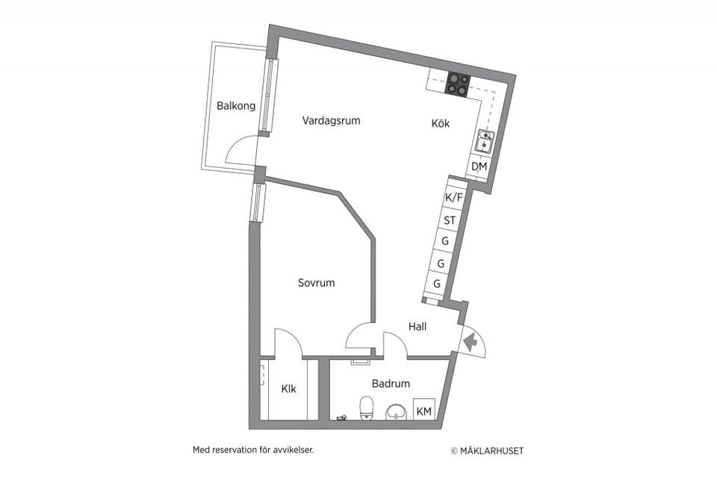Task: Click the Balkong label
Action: point(236,106)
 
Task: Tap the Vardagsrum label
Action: point(332,120)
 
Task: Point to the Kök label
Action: point(441,124)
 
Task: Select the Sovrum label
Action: point(316,283)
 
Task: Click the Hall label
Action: point(418,326)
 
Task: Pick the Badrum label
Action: point(391,384)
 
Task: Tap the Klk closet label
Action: point(288,389)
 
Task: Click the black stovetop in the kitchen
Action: point(458,84)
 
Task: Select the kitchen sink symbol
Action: point(485,140)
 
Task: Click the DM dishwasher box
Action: point(479,167)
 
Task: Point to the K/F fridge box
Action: point(453,197)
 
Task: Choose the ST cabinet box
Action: point(450,220)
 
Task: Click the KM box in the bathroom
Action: point(423,412)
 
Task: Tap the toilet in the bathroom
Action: point(367,409)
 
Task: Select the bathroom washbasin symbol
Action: point(396,412)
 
